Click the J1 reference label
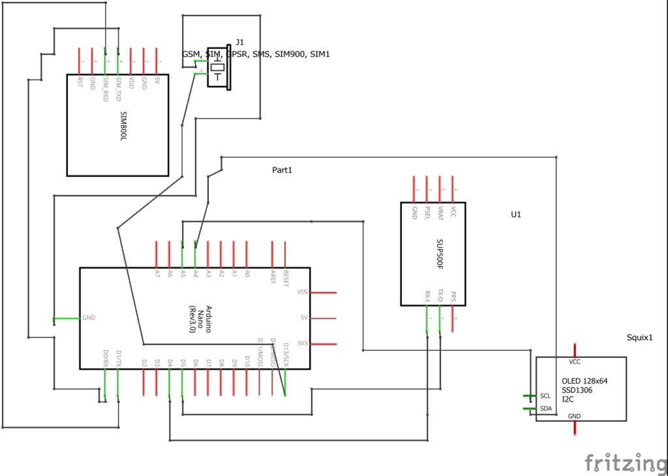240,42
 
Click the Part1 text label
282,170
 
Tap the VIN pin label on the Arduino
302,292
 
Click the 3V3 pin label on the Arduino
302,344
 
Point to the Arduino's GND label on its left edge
89,318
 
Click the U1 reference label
516,214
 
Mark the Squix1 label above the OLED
638,338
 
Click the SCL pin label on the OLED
546,396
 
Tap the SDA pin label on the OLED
546,409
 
